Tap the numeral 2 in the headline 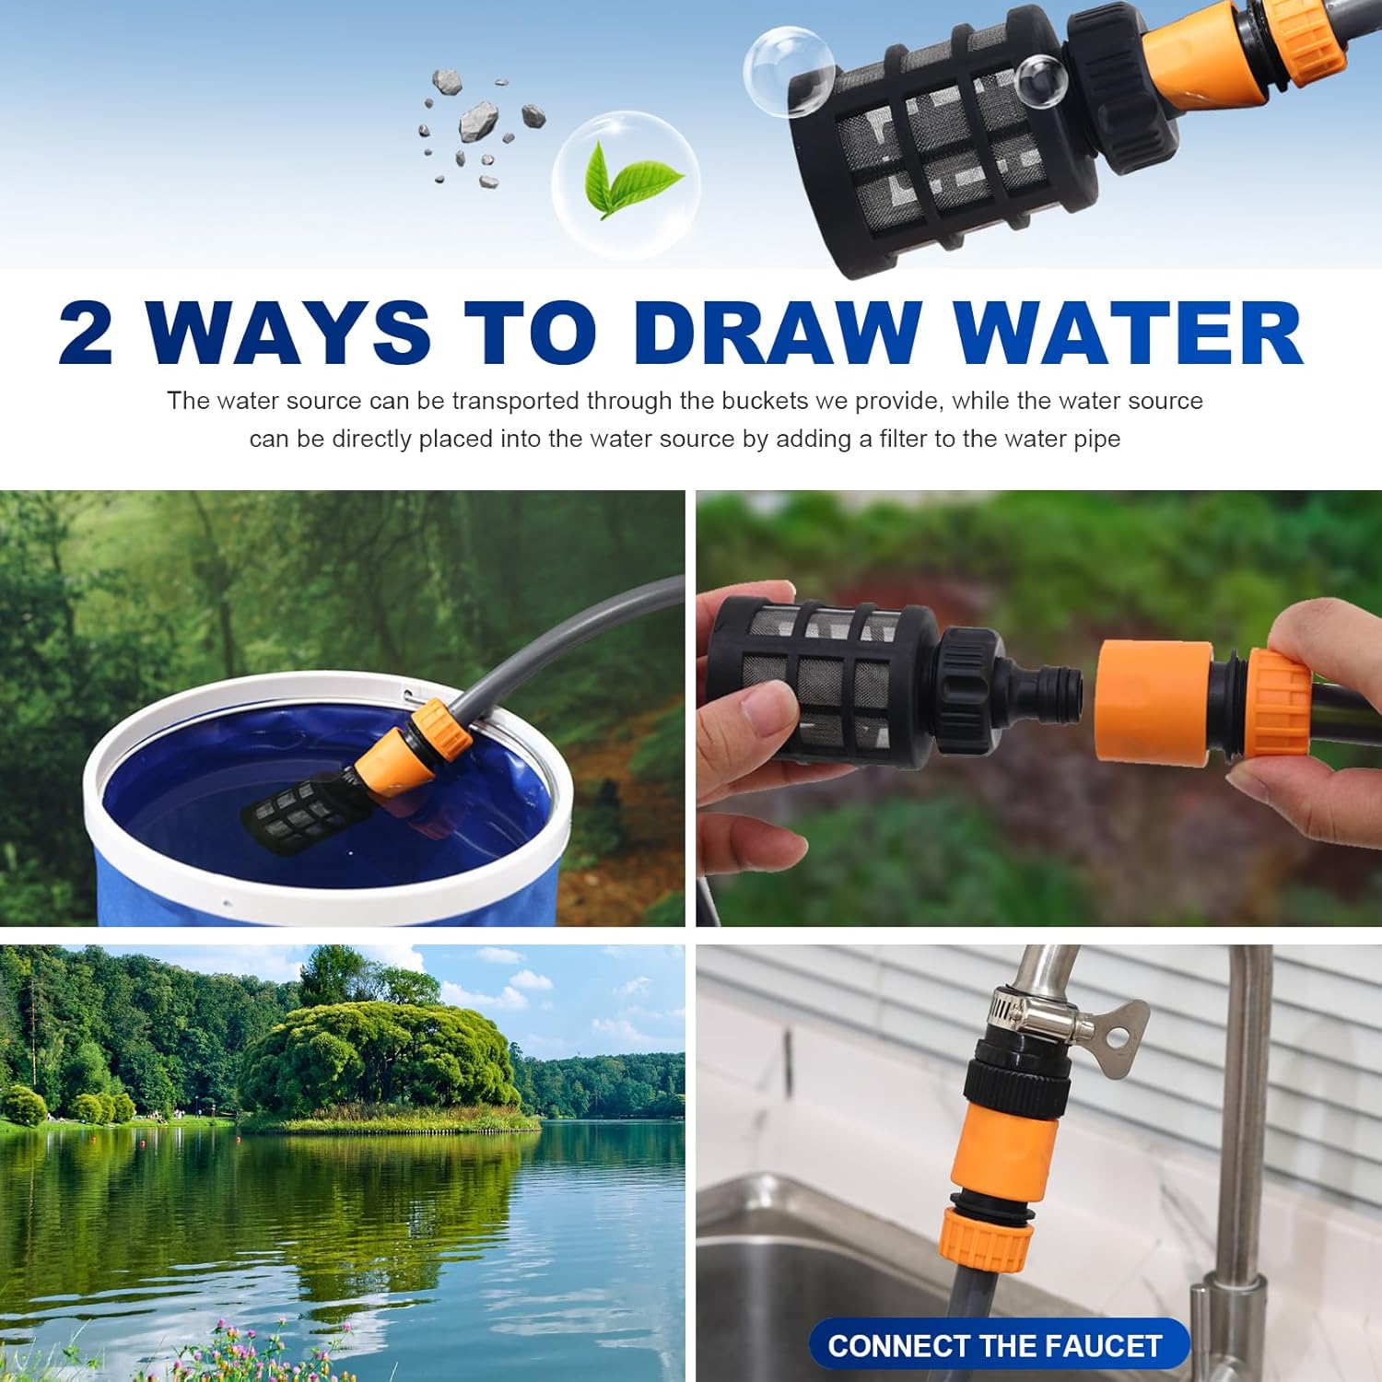click(x=87, y=334)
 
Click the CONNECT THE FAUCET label click(x=995, y=1345)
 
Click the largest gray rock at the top click(x=478, y=120)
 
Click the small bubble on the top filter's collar click(x=1039, y=79)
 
